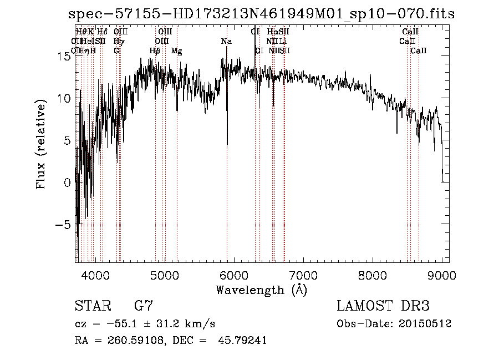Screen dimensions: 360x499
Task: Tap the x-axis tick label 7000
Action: (303, 274)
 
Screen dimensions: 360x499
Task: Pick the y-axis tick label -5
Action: (63, 225)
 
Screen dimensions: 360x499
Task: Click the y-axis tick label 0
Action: (67, 182)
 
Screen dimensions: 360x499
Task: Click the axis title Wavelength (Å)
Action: (261, 290)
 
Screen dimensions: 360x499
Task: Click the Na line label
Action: (226, 41)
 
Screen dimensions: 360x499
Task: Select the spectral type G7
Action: (143, 306)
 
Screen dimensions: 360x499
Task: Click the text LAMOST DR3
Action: (383, 306)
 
